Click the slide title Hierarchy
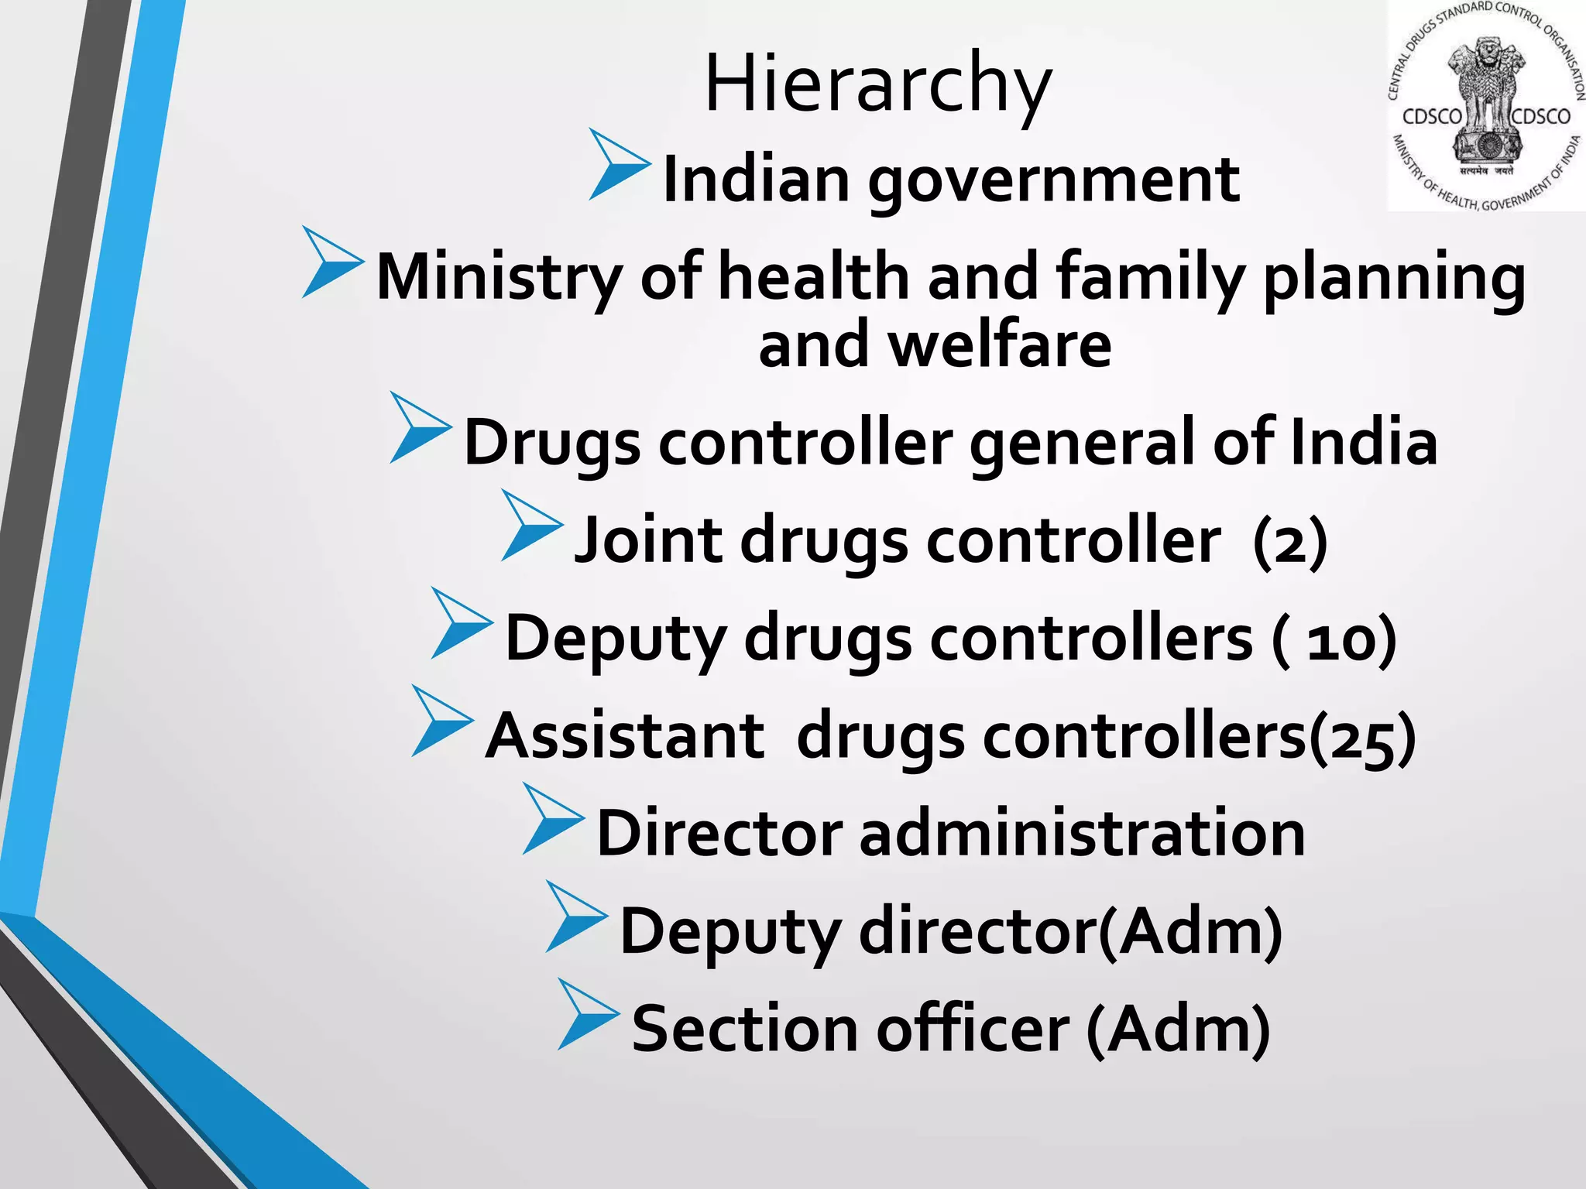[x=877, y=84]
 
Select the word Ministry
[x=499, y=277]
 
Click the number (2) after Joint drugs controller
[x=1290, y=542]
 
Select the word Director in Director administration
[x=719, y=834]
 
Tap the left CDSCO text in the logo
[x=1432, y=117]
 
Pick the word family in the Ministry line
[x=1150, y=277]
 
